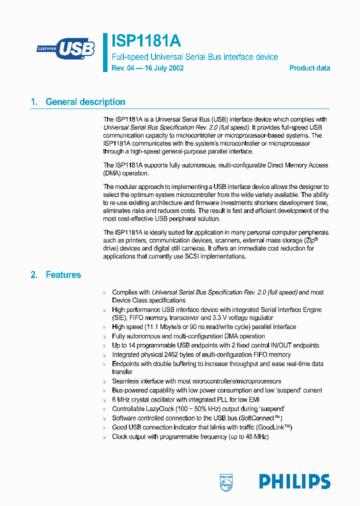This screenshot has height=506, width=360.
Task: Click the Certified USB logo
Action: pos(65,48)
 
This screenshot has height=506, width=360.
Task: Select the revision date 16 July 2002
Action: pos(164,68)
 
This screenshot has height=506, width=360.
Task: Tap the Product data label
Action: pos(309,68)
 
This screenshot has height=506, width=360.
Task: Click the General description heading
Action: pos(85,102)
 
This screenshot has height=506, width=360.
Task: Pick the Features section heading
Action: pos(63,275)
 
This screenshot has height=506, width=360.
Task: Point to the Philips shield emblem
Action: pos(226,482)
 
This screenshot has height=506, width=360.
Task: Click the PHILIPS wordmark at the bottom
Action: pos(294,481)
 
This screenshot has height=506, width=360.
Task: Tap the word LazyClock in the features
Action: pos(158,409)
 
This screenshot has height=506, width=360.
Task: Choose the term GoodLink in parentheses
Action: pos(272,427)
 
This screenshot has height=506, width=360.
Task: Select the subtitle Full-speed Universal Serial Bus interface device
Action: pos(194,57)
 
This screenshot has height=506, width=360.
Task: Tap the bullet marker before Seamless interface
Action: pos(104,381)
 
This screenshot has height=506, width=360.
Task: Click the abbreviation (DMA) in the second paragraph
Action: pos(112,173)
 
